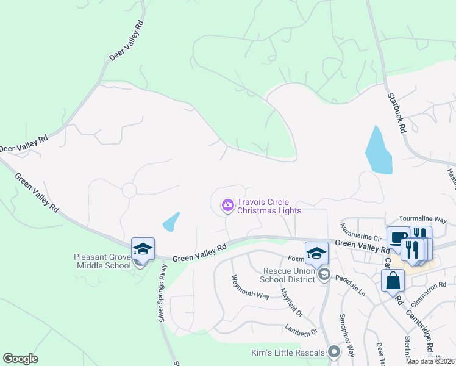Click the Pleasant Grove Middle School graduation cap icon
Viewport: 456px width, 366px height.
pos(143,248)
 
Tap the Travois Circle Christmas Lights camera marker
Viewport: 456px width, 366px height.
pos(228,206)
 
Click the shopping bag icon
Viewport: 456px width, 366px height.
pos(393,281)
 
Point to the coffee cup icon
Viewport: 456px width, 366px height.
pos(398,237)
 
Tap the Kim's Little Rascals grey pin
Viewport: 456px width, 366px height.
pos(333,351)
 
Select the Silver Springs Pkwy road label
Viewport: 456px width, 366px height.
pos(162,294)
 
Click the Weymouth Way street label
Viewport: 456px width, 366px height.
pos(250,287)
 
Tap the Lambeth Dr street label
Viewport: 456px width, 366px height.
pos(301,330)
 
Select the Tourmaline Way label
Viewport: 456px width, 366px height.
pos(422,219)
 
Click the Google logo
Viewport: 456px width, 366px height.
pos(20,359)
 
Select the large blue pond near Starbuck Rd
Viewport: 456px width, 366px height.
pos(377,151)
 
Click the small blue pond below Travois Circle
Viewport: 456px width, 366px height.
pos(171,221)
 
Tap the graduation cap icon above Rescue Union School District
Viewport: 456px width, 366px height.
pos(316,253)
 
